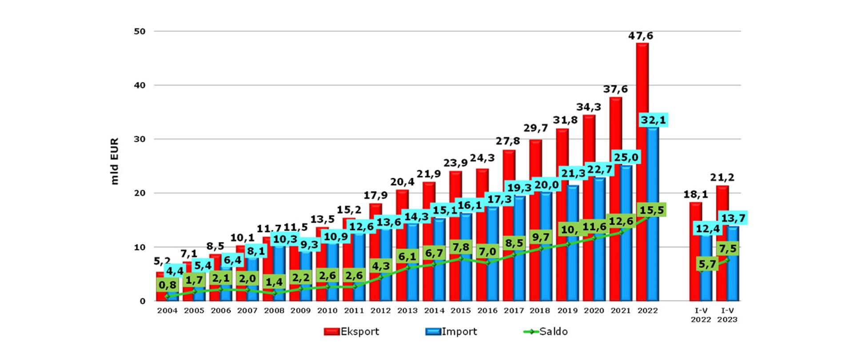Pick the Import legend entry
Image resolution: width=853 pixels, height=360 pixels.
451,332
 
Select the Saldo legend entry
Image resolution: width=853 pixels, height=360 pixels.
546,332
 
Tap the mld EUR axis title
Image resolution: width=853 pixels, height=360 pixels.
115,156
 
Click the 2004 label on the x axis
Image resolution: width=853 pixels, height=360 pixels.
167,311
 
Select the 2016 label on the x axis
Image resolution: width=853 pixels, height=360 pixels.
487,311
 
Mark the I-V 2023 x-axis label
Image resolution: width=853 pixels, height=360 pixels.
727,315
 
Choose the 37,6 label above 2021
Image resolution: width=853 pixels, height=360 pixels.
615,89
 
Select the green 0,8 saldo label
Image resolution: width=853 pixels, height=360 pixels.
167,285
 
